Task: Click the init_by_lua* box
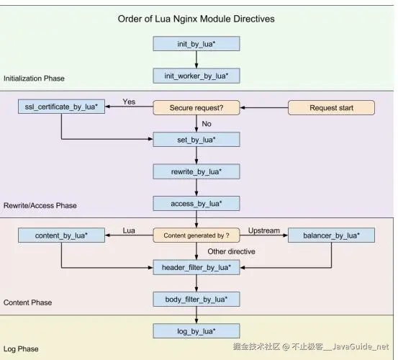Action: click(x=196, y=44)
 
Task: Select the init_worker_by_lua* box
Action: click(x=196, y=75)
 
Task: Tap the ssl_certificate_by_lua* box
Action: click(x=62, y=108)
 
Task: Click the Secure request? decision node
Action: click(x=196, y=108)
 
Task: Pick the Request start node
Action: click(x=331, y=108)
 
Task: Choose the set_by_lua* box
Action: click(x=196, y=140)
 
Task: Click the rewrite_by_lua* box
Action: click(x=196, y=172)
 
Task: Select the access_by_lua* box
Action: click(x=196, y=204)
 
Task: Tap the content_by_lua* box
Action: click(x=62, y=235)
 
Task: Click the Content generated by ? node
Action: click(x=196, y=235)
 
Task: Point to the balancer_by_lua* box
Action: click(x=331, y=235)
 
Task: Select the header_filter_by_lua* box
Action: click(x=196, y=267)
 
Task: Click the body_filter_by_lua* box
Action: click(x=196, y=299)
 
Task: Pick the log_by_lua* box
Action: click(x=196, y=331)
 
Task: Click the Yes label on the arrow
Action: click(x=130, y=102)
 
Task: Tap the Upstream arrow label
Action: click(x=263, y=230)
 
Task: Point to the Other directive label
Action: click(x=232, y=251)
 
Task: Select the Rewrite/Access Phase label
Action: click(x=40, y=205)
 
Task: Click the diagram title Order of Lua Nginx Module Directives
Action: click(x=196, y=18)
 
